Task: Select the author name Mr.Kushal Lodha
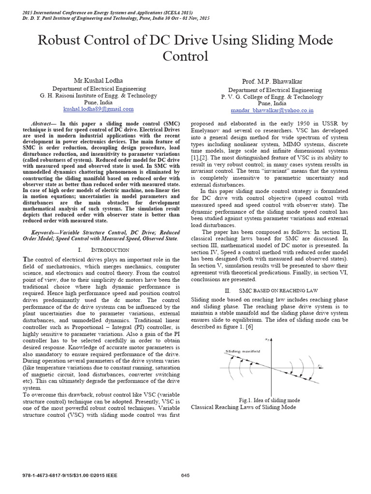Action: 99,80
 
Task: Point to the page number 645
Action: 185,475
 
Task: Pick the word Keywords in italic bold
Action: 40,232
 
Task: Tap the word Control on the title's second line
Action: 185,57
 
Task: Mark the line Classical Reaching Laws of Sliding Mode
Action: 243,407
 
